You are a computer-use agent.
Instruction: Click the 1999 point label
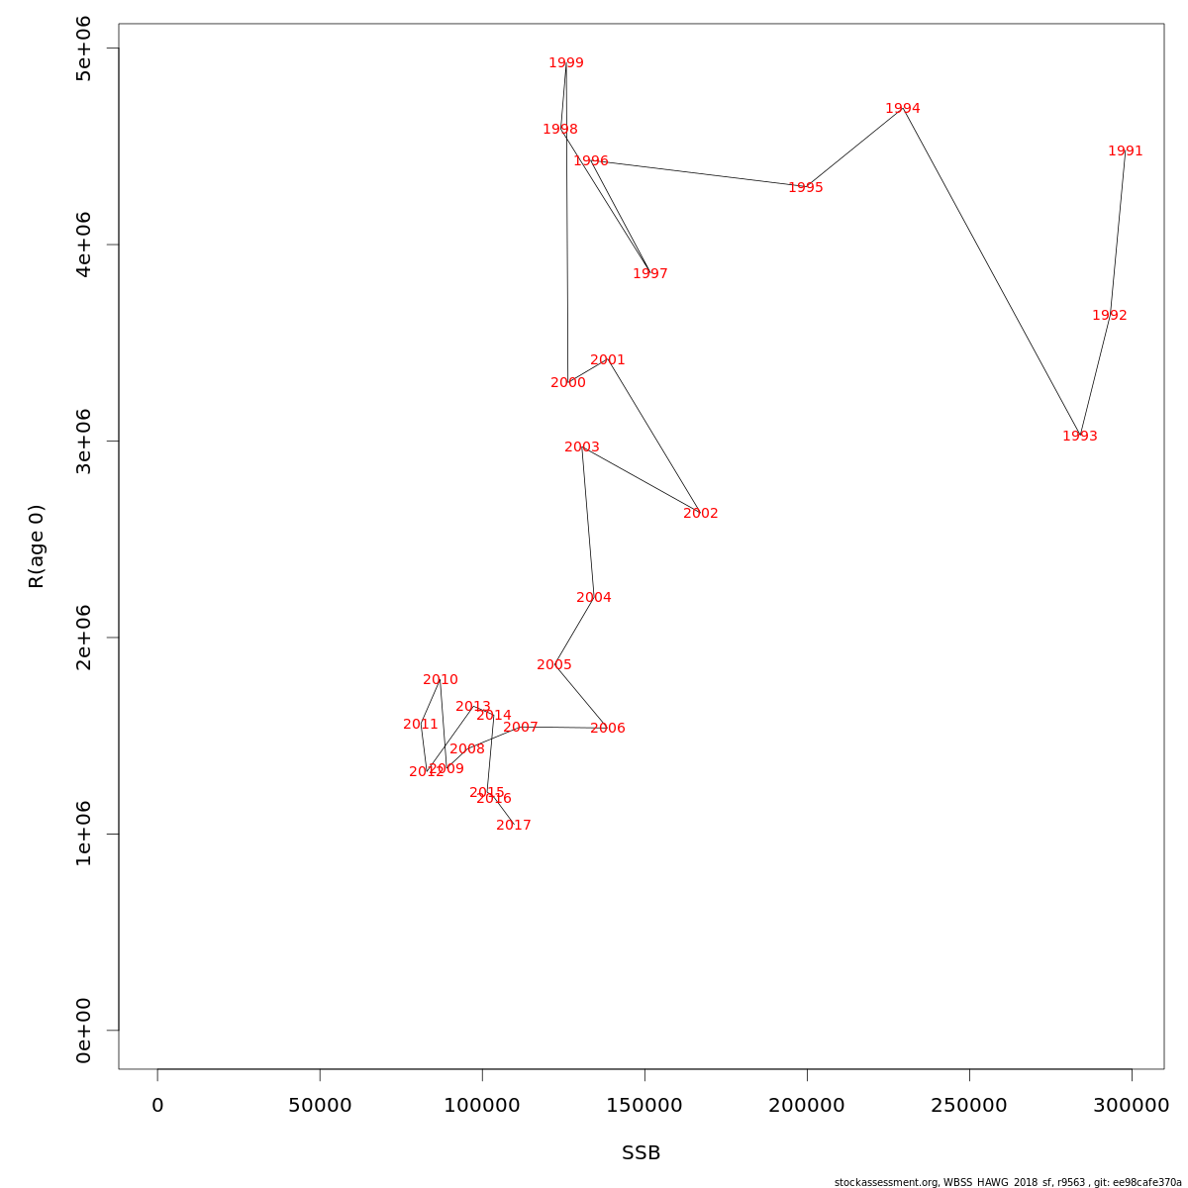click(566, 63)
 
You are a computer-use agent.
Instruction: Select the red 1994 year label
click(903, 109)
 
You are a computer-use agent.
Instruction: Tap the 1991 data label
click(1126, 151)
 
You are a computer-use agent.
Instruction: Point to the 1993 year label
click(1080, 437)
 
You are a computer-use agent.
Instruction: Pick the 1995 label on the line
click(806, 188)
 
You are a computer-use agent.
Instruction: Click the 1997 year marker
click(650, 274)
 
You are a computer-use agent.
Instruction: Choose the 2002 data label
click(701, 514)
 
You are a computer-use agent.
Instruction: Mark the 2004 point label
click(594, 598)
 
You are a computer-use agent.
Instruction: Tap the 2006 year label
click(608, 729)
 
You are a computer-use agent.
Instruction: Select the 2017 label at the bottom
click(514, 826)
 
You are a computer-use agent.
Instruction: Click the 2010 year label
click(441, 680)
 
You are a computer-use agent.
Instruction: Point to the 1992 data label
click(1110, 316)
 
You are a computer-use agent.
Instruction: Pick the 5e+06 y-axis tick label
click(84, 49)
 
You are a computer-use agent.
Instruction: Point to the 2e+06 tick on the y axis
click(84, 638)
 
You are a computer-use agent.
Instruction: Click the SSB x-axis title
click(642, 1153)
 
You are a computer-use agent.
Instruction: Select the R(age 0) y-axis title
click(37, 546)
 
